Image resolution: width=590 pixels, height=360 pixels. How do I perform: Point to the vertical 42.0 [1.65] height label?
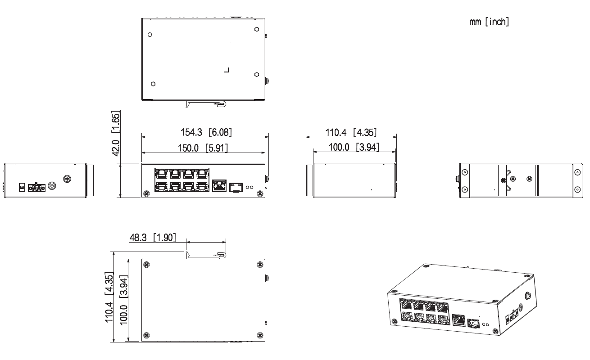pyautogui.click(x=116, y=132)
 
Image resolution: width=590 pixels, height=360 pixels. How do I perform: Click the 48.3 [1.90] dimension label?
pyautogui.click(x=153, y=237)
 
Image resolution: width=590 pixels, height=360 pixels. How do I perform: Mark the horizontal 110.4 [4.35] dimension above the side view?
pyautogui.click(x=351, y=132)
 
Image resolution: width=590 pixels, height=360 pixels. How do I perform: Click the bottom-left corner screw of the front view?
pyautogui.click(x=146, y=194)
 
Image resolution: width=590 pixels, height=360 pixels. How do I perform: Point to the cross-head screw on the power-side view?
pyautogui.click(x=67, y=179)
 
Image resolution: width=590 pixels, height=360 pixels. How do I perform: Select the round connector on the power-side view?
pyautogui.click(x=52, y=186)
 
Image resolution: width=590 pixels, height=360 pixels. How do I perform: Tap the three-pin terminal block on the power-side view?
pyautogui.click(x=36, y=187)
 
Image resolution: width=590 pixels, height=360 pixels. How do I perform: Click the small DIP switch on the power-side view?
pyautogui.click(x=21, y=186)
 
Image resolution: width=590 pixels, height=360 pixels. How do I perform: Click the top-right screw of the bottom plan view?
pyautogui.click(x=259, y=264)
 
